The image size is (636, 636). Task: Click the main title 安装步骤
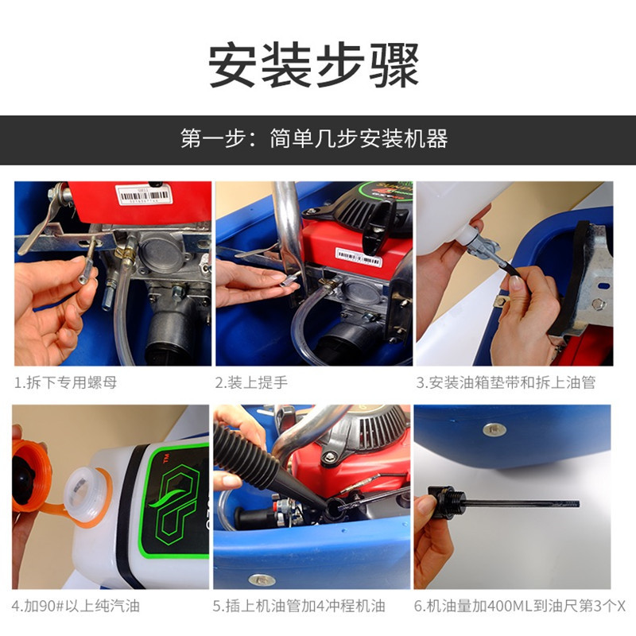pos(313,65)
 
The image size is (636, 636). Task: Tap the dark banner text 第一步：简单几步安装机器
pos(314,138)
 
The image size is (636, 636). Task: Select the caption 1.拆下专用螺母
pos(66,382)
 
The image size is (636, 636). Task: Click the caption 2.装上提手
pos(251,382)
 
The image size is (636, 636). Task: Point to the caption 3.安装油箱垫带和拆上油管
pos(506,382)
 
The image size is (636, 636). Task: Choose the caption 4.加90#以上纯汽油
pos(76,606)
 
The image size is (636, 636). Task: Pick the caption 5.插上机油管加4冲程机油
pos(299,606)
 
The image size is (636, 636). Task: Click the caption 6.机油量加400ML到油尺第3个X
pos(520,606)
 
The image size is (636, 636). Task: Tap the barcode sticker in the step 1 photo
pos(144,195)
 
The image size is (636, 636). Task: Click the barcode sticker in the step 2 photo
pos(359,257)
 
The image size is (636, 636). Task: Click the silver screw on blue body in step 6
pos(494,429)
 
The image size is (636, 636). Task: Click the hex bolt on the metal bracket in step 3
pos(599,304)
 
